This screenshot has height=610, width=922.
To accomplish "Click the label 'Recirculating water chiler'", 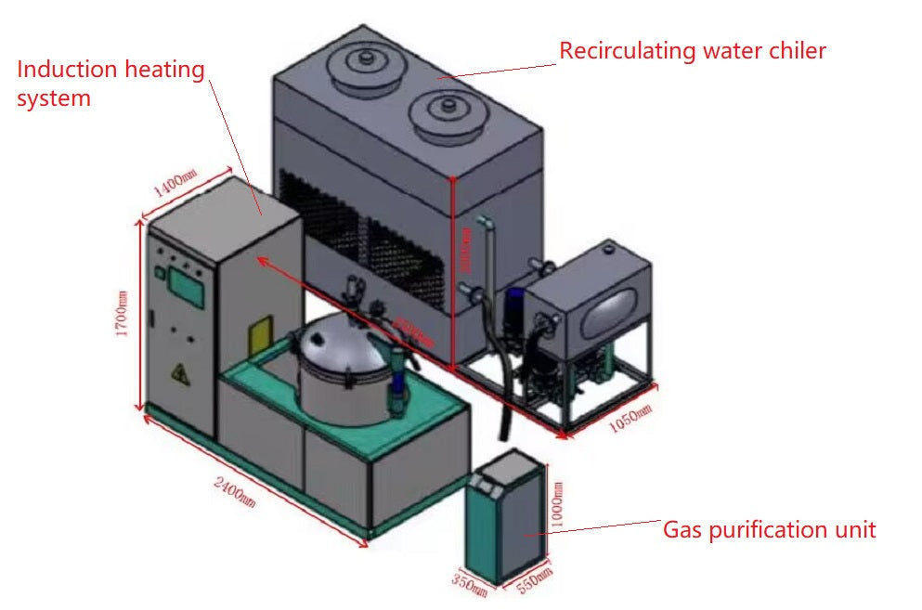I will (x=692, y=50).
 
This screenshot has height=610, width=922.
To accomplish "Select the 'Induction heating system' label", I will (x=110, y=83).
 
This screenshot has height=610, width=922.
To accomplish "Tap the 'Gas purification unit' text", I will (x=769, y=529).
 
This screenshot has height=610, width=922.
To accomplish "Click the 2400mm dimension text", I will (x=234, y=492).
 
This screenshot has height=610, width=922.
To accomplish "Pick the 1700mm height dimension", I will (x=121, y=316).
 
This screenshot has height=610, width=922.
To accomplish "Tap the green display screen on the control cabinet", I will (x=187, y=288).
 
